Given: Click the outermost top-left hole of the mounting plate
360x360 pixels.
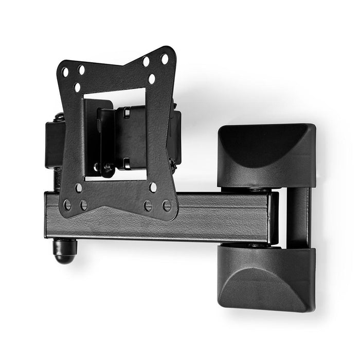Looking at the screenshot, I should pyautogui.click(x=65, y=72).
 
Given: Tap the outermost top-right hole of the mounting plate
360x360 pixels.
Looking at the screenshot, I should pyautogui.click(x=165, y=59).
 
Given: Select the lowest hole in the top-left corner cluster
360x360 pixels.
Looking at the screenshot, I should pyautogui.click(x=77, y=87).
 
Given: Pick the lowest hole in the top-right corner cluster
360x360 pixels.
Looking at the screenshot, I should pyautogui.click(x=152, y=79).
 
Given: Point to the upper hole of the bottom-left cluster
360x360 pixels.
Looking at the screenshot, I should pyautogui.click(x=79, y=188).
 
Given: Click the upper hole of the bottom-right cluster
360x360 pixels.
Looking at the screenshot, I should pyautogui.click(x=153, y=187).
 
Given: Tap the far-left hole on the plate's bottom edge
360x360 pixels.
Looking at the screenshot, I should pyautogui.click(x=67, y=205).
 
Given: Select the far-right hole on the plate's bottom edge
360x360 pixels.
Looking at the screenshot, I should pyautogui.click(x=167, y=206).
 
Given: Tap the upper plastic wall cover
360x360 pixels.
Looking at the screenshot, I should pyautogui.click(x=266, y=154).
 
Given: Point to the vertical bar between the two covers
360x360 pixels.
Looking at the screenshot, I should pyautogui.click(x=298, y=216).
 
